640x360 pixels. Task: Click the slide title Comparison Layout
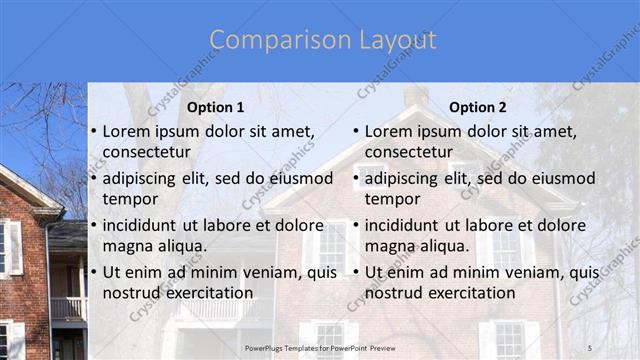(323, 41)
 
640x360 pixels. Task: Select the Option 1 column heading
(216, 107)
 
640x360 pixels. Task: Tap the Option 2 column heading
(478, 107)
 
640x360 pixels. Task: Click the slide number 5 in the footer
(590, 346)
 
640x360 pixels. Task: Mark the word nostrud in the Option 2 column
(393, 293)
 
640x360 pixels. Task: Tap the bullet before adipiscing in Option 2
(355, 179)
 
